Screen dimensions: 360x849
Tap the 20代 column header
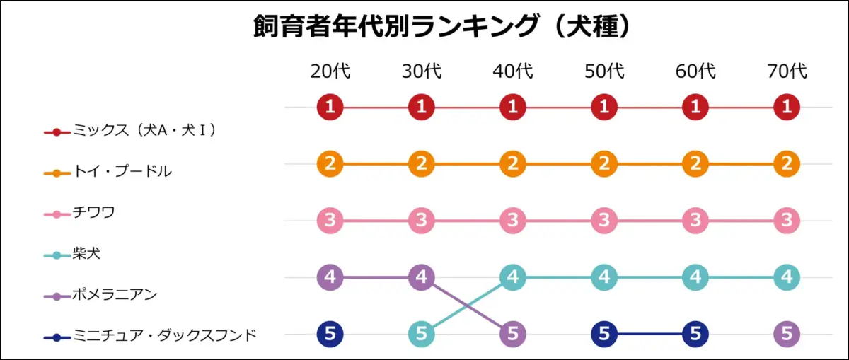pos(330,71)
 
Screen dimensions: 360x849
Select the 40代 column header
pos(513,71)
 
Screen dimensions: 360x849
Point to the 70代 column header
pos(787,71)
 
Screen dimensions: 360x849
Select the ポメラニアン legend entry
pos(114,294)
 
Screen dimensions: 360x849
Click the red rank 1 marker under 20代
pos(330,108)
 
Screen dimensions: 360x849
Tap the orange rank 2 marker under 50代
pos(604,164)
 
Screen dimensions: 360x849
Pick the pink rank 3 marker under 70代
pos(787,221)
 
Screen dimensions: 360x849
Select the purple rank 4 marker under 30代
pos(422,277)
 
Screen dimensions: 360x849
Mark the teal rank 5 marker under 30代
pos(422,333)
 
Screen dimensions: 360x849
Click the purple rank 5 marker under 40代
pos(513,333)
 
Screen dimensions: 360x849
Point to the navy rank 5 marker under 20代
pos(330,333)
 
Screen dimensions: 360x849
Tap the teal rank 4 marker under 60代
pos(695,277)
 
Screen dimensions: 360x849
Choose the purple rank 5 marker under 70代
pos(787,333)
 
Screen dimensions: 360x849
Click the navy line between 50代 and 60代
pos(649,333)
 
